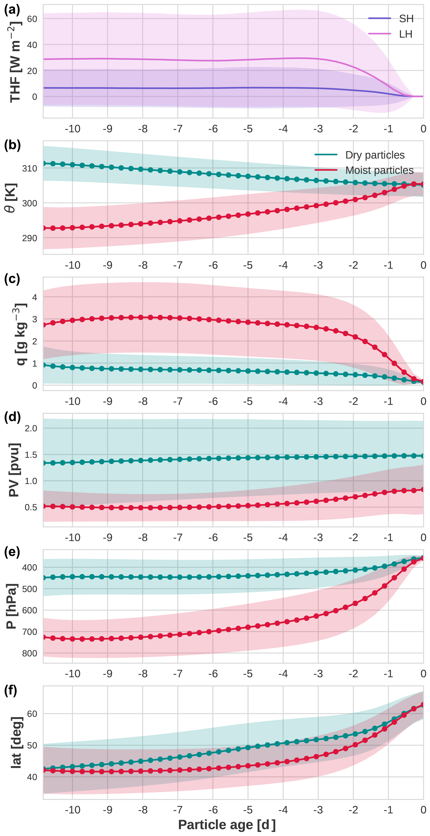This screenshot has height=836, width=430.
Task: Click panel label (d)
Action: [x=12, y=417]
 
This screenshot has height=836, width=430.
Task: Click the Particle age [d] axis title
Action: [x=227, y=824]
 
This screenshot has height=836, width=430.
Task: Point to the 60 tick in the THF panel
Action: [x=32, y=19]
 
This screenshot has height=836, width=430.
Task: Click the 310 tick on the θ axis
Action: [x=29, y=168]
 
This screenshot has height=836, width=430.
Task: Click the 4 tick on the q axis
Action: [x=34, y=297]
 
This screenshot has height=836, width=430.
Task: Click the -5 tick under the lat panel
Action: [x=248, y=810]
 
